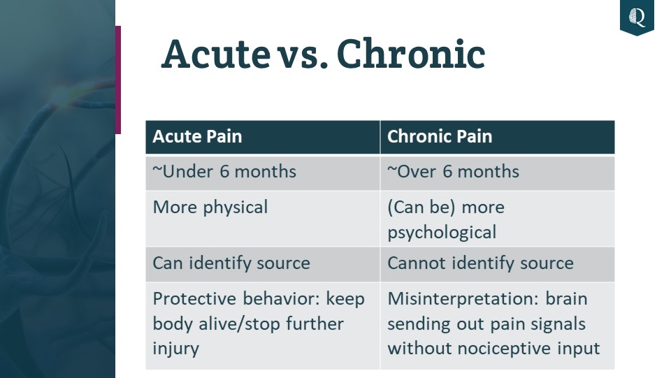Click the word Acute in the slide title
click(216, 54)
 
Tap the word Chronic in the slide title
click(411, 54)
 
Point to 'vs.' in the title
click(303, 58)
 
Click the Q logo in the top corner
click(637, 17)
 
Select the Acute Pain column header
click(197, 136)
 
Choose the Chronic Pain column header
click(440, 136)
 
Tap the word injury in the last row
click(175, 349)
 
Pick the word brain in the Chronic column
click(566, 298)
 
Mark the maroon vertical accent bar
click(118, 80)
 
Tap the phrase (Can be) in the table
click(421, 208)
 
